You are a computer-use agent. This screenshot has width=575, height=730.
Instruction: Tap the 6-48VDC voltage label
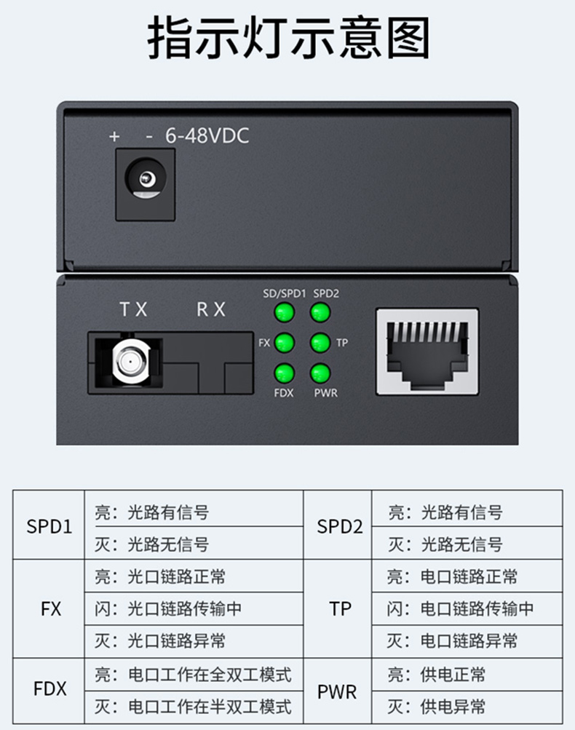tap(207, 136)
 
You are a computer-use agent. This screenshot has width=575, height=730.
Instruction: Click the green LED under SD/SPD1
tap(284, 312)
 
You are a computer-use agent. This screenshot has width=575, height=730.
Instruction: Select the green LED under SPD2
tap(320, 312)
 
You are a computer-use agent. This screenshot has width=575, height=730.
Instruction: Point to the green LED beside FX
tap(285, 343)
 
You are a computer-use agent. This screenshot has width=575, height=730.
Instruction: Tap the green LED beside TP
tap(320, 343)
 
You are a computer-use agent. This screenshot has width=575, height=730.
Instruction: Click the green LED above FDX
tap(284, 373)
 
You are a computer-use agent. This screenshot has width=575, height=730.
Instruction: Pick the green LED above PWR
tap(320, 373)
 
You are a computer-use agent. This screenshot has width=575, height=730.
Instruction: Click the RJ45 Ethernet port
tap(427, 352)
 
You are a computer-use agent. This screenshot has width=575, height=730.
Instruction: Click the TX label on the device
tap(134, 309)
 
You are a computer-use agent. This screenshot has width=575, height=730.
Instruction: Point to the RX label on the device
tap(211, 309)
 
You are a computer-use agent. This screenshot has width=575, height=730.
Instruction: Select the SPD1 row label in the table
tap(49, 526)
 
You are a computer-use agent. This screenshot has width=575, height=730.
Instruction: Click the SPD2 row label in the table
tap(340, 526)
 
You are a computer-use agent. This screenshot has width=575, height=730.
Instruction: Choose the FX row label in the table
tap(51, 609)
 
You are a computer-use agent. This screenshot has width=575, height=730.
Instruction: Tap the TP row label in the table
tap(340, 609)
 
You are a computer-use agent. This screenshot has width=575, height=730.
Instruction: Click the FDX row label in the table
tap(49, 689)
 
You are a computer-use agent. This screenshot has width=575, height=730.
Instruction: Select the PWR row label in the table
tap(337, 692)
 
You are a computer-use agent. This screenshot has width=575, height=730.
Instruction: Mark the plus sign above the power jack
tap(114, 136)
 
